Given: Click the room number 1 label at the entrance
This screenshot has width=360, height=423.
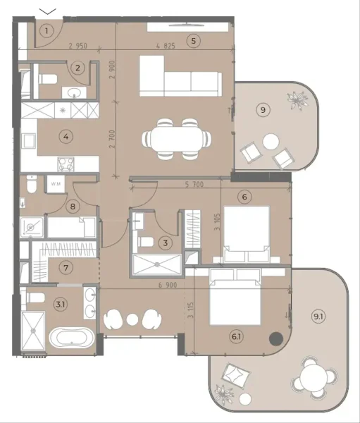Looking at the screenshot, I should coord(46,30).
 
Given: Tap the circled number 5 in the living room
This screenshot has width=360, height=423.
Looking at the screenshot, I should coord(193,41).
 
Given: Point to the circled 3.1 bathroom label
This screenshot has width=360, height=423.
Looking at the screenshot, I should coord(60,304).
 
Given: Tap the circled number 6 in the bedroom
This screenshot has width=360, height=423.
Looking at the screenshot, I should coord(244,197).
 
